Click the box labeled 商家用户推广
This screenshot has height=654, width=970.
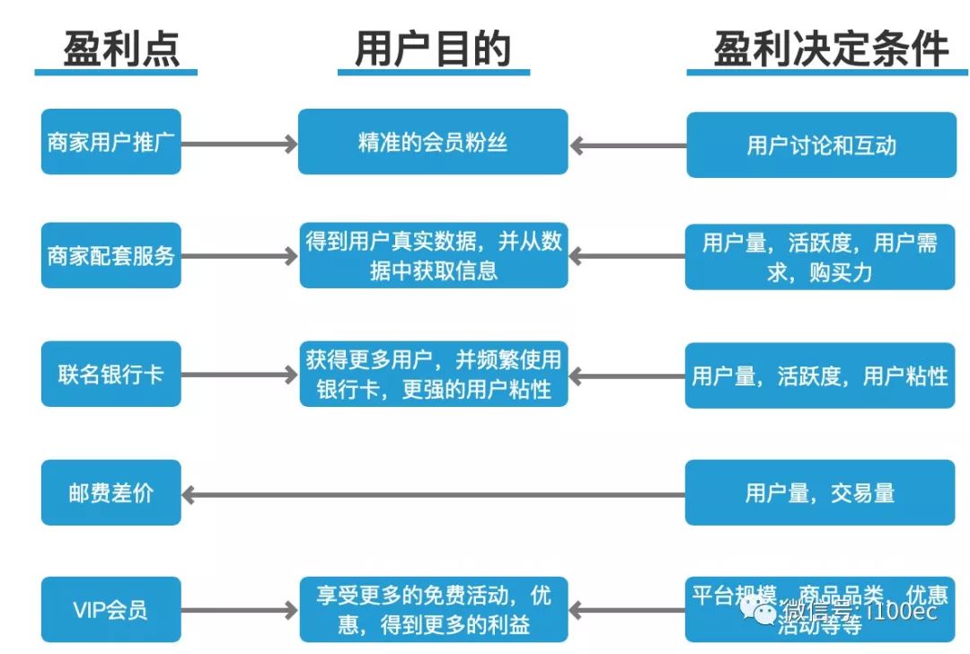(111, 142)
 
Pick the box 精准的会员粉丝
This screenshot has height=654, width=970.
(433, 142)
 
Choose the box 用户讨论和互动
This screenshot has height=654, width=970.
(821, 145)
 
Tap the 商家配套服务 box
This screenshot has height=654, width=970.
(111, 256)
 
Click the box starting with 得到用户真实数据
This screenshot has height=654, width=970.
(433, 256)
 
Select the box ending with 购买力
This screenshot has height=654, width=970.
(819, 257)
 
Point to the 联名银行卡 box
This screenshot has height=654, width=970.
(111, 374)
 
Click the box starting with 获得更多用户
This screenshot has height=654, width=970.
(433, 374)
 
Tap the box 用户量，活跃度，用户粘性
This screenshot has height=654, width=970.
(819, 375)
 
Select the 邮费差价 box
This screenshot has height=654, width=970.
(111, 492)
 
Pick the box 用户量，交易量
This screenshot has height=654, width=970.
(819, 492)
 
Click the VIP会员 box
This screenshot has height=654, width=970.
(111, 610)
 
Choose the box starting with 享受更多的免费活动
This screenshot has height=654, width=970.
(433, 610)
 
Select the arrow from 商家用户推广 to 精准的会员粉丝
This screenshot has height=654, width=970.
(239, 143)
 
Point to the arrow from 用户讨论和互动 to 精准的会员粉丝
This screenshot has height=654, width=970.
(628, 145)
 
